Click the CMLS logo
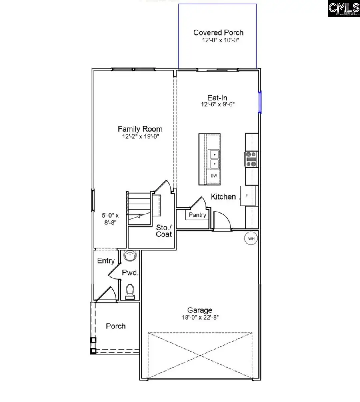(x=343, y=8)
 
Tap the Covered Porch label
(x=218, y=33)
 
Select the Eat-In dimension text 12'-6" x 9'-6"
(x=218, y=104)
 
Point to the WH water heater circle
(x=251, y=239)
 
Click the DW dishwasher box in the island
(x=214, y=176)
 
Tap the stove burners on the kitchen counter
(x=251, y=159)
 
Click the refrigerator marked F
(x=247, y=196)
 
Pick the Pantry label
(x=198, y=215)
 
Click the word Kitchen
(x=223, y=196)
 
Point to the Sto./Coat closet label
(x=164, y=230)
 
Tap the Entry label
(x=106, y=261)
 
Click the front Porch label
(x=116, y=326)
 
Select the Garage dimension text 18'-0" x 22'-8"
(x=200, y=317)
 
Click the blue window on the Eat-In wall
(x=260, y=102)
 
